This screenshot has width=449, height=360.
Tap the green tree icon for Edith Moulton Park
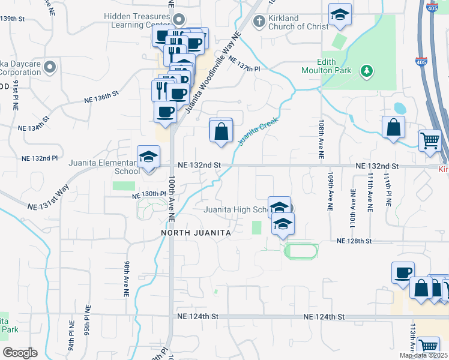tap(366, 72)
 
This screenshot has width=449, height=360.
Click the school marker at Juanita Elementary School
tap(148, 158)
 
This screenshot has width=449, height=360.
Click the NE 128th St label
tap(355, 241)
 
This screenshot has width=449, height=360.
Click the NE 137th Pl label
tap(248, 69)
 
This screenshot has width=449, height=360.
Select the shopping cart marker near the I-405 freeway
tap(430, 141)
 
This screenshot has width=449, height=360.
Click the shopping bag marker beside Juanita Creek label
tap(221, 130)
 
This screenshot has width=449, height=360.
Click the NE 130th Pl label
tap(148, 194)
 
